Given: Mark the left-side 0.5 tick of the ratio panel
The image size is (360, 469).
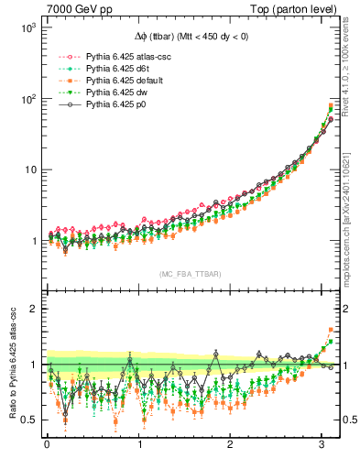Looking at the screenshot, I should tap(30, 420).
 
